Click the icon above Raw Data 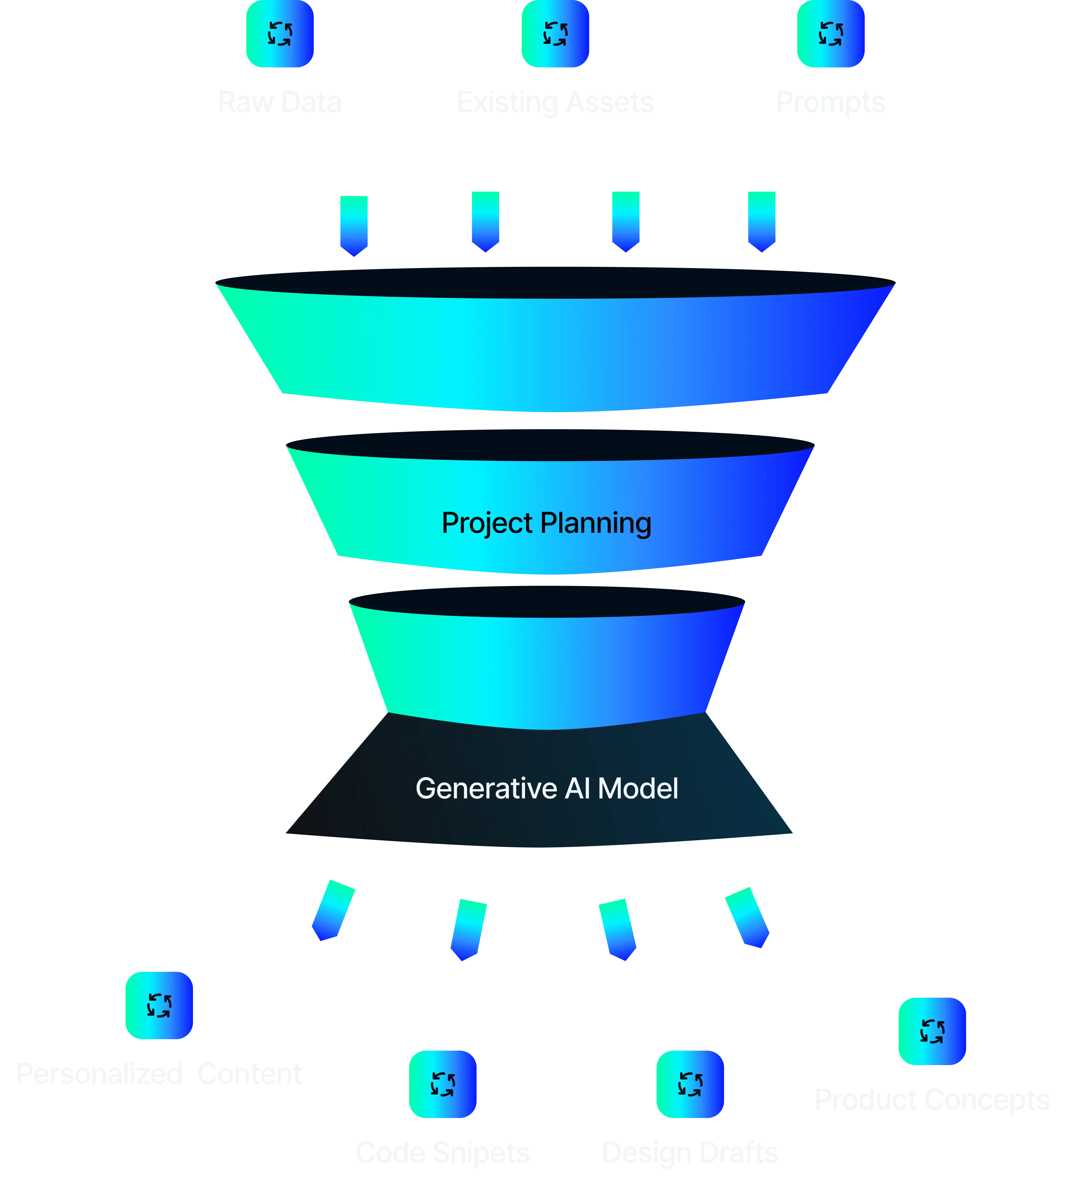tap(280, 33)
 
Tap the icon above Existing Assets tap(555, 33)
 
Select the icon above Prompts tap(831, 33)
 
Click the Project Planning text tap(546, 523)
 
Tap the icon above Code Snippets tap(442, 1084)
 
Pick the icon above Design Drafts tap(690, 1084)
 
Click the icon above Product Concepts tap(932, 1031)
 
